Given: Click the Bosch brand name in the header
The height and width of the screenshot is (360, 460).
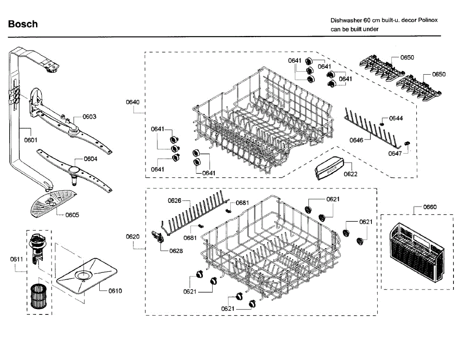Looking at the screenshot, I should [x=23, y=24].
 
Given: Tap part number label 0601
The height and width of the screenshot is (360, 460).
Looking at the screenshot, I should [x=31, y=140].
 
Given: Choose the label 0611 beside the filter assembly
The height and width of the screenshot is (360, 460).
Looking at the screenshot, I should [x=16, y=259].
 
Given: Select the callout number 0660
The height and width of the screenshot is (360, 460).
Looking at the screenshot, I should [x=430, y=207].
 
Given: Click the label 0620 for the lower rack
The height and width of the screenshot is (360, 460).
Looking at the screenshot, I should [x=133, y=237].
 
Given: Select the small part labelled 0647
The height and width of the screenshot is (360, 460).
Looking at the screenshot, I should [x=407, y=143].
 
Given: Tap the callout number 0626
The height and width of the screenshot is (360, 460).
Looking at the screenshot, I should [x=174, y=200].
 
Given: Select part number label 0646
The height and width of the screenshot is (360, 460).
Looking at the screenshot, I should [x=356, y=140].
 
